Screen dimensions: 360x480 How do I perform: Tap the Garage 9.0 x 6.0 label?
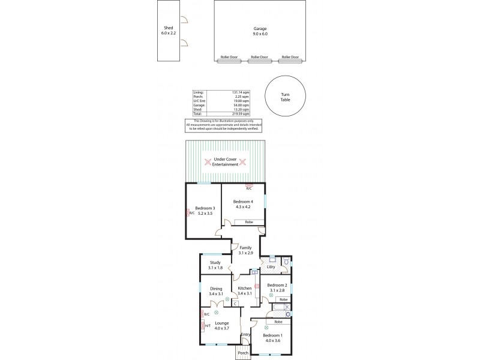pos(259,31)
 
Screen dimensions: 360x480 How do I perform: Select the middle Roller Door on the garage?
pos(259,57)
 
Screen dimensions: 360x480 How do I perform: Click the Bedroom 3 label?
pos(206,210)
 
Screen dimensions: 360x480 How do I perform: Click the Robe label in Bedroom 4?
pos(248,222)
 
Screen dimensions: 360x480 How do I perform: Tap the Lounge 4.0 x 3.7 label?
pos(222,325)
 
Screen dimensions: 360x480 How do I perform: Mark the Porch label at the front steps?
pos(242,353)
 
